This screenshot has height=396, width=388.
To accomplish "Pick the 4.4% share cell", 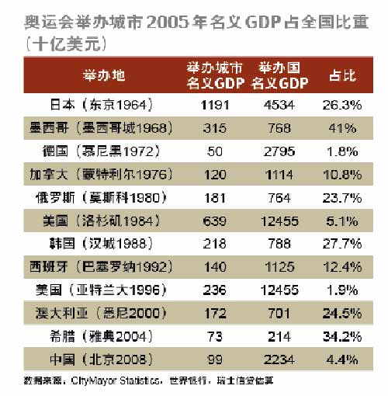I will [341, 360].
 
